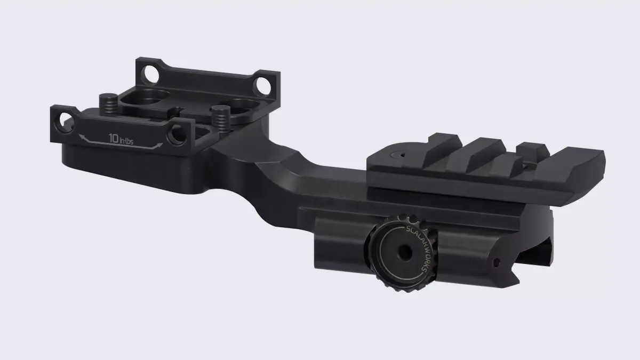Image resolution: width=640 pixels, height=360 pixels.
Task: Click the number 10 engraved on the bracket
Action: (x=114, y=138)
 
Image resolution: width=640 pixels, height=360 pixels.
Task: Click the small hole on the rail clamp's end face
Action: (x=497, y=262)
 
